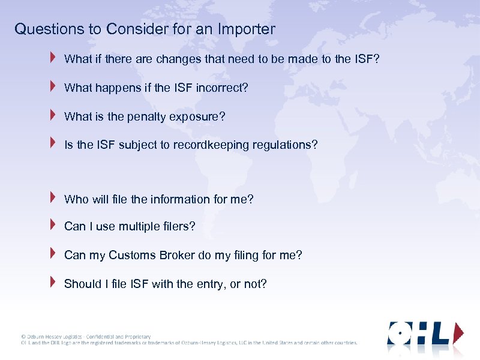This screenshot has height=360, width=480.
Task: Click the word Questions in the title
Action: [44, 29]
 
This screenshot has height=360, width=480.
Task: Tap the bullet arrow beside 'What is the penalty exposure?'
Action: [53, 115]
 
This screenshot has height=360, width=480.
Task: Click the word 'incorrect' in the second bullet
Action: [220, 88]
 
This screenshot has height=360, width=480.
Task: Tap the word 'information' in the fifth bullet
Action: [181, 199]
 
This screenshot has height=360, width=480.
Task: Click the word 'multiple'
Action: [139, 227]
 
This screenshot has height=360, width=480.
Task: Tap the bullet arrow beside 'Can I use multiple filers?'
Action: [53, 225]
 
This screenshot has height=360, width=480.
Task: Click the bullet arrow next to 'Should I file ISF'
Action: [53, 282]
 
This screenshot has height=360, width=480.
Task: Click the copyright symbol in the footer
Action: [23, 337]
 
